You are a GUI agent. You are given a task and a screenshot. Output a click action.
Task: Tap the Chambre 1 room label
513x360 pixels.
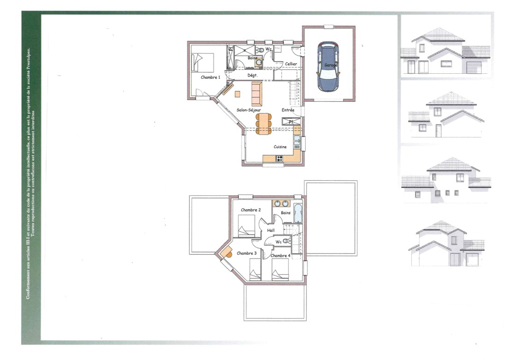click(x=210, y=77)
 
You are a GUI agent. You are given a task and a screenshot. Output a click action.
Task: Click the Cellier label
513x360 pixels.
click(x=291, y=64)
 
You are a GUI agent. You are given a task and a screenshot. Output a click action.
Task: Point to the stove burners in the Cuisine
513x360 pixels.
click(x=279, y=159)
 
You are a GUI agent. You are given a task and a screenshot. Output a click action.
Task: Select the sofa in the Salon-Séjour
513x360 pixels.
click(x=257, y=94)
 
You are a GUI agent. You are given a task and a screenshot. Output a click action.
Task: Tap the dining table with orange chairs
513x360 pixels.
click(x=264, y=123)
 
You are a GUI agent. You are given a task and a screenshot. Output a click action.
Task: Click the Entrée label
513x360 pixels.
click(x=288, y=110)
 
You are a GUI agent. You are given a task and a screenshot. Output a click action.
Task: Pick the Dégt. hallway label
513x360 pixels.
click(x=252, y=75)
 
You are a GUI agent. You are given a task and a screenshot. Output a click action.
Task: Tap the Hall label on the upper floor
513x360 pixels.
click(x=271, y=230)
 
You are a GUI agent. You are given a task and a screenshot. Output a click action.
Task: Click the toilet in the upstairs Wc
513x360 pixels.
click(x=288, y=241)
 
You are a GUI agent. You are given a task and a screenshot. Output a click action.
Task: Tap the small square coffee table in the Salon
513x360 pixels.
click(x=237, y=94)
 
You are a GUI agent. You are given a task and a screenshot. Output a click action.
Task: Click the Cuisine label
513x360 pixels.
click(x=280, y=147)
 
